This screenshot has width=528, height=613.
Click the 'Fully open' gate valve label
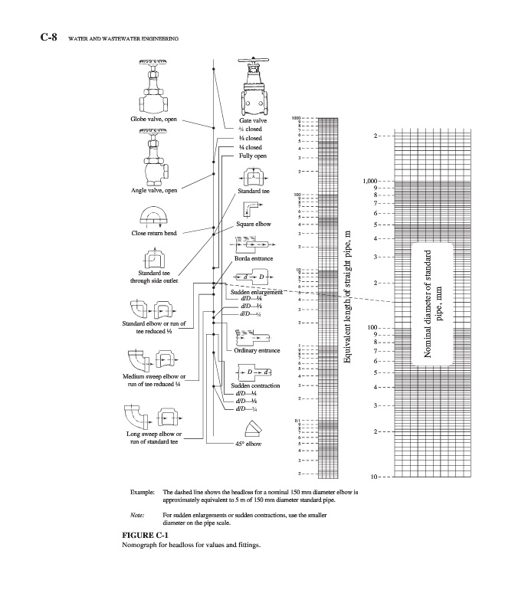(253, 156)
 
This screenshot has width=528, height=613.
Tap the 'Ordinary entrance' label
(255, 350)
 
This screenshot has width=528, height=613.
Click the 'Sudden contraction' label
(255, 385)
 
